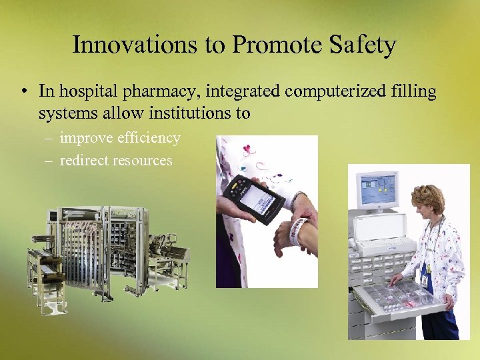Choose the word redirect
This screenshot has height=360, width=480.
point(85,160)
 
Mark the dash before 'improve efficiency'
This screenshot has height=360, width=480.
point(50,139)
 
